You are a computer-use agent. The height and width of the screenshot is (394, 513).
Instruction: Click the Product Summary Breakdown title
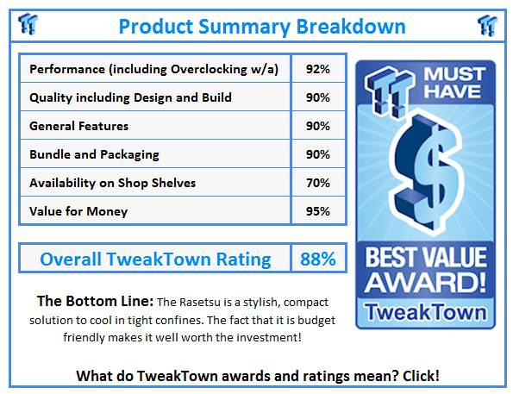[262, 26]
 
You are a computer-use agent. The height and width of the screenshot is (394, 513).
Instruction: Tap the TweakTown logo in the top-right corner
[488, 24]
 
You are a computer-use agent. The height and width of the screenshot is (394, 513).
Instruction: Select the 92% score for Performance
[317, 69]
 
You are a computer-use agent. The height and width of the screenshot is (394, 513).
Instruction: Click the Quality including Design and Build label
[118, 97]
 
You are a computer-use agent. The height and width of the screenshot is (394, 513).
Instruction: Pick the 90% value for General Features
[317, 126]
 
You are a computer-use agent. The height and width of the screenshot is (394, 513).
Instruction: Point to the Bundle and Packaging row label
[95, 154]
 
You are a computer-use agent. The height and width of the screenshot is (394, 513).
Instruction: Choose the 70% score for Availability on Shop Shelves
[317, 183]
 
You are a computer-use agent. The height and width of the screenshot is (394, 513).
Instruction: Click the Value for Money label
[78, 211]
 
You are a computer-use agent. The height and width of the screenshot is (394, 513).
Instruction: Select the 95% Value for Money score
[317, 211]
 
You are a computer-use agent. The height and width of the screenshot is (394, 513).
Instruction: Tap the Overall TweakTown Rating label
[155, 259]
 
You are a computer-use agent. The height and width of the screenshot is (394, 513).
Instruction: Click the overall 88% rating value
[317, 259]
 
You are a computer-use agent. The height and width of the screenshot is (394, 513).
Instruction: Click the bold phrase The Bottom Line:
[95, 302]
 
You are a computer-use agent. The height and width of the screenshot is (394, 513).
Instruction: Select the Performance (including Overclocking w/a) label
[153, 69]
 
